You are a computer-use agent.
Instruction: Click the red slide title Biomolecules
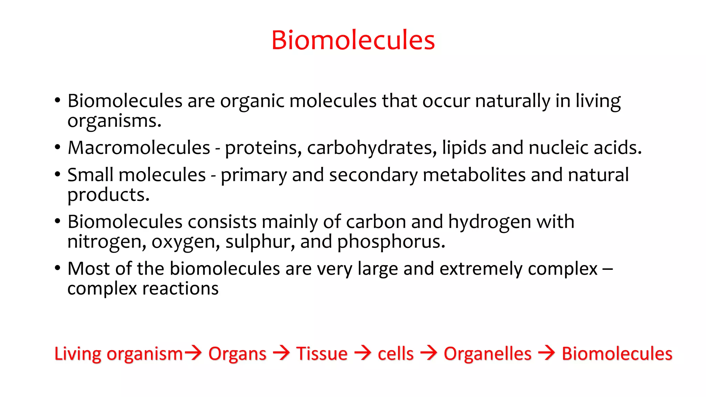(353, 40)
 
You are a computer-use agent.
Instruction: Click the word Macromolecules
(139, 148)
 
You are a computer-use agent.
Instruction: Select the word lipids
(464, 148)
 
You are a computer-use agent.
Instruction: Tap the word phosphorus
(391, 242)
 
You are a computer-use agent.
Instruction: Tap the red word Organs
(237, 354)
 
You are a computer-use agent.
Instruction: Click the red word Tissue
(322, 354)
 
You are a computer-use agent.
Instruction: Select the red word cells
(395, 354)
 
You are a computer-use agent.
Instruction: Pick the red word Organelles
(487, 354)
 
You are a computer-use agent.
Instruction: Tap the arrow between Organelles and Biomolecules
(547, 353)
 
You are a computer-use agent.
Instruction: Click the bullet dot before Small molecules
(58, 174)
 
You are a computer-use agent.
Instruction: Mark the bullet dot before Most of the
(58, 268)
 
